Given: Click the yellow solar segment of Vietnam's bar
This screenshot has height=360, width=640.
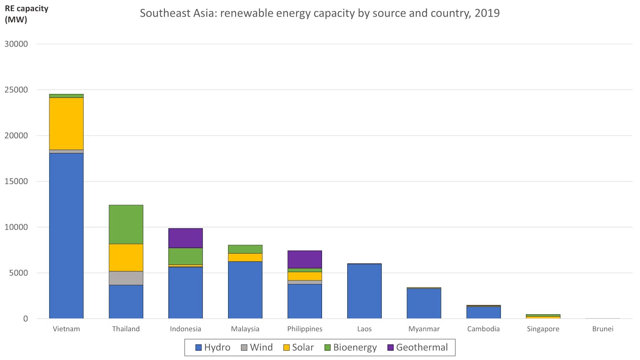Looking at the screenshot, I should (66, 123).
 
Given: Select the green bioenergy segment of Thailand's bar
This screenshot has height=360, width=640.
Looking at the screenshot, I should (126, 224).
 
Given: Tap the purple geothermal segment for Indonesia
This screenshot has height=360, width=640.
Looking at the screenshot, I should (185, 238).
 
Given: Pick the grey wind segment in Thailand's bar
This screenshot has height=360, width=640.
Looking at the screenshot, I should (126, 278).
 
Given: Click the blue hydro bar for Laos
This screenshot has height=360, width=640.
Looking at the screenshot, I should (364, 291).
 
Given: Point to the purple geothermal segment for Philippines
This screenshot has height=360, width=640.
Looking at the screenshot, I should (304, 259).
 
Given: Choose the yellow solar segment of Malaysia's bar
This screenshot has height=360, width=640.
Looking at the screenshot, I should (245, 257).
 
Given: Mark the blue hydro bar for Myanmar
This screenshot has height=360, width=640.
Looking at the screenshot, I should (424, 304).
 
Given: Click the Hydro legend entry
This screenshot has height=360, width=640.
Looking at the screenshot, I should (213, 348).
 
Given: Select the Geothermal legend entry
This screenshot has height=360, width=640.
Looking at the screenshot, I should (417, 348).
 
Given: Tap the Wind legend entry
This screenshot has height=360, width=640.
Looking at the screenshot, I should (256, 348).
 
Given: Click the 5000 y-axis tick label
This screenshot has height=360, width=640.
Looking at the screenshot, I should (20, 273).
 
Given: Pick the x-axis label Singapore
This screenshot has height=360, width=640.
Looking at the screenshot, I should (543, 329).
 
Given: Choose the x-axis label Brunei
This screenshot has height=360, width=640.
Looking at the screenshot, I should (603, 329).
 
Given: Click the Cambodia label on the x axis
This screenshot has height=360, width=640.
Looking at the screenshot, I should (483, 329).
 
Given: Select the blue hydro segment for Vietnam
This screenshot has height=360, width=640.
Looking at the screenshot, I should (66, 235).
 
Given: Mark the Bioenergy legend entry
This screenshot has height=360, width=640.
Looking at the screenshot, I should (350, 348).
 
